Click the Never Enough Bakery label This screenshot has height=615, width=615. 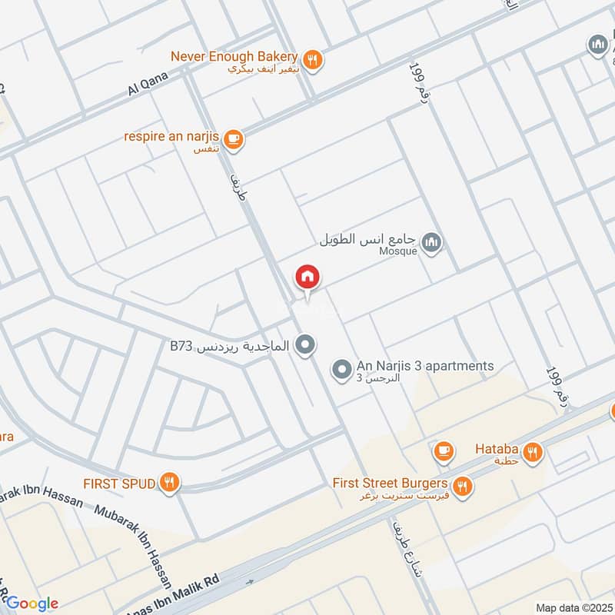234,57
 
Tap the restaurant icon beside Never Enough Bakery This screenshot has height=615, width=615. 312,58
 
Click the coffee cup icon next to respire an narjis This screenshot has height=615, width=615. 234,139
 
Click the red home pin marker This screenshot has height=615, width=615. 307,277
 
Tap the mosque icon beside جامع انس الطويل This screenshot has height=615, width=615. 433,242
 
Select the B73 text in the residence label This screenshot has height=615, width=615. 181,347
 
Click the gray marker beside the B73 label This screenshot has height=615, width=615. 306,345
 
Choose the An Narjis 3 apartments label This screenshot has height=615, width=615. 425,366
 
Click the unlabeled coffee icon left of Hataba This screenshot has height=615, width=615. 444,452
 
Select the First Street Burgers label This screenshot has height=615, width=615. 391,484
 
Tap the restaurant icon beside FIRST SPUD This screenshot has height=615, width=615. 170,483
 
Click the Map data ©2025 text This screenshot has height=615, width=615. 573,607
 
